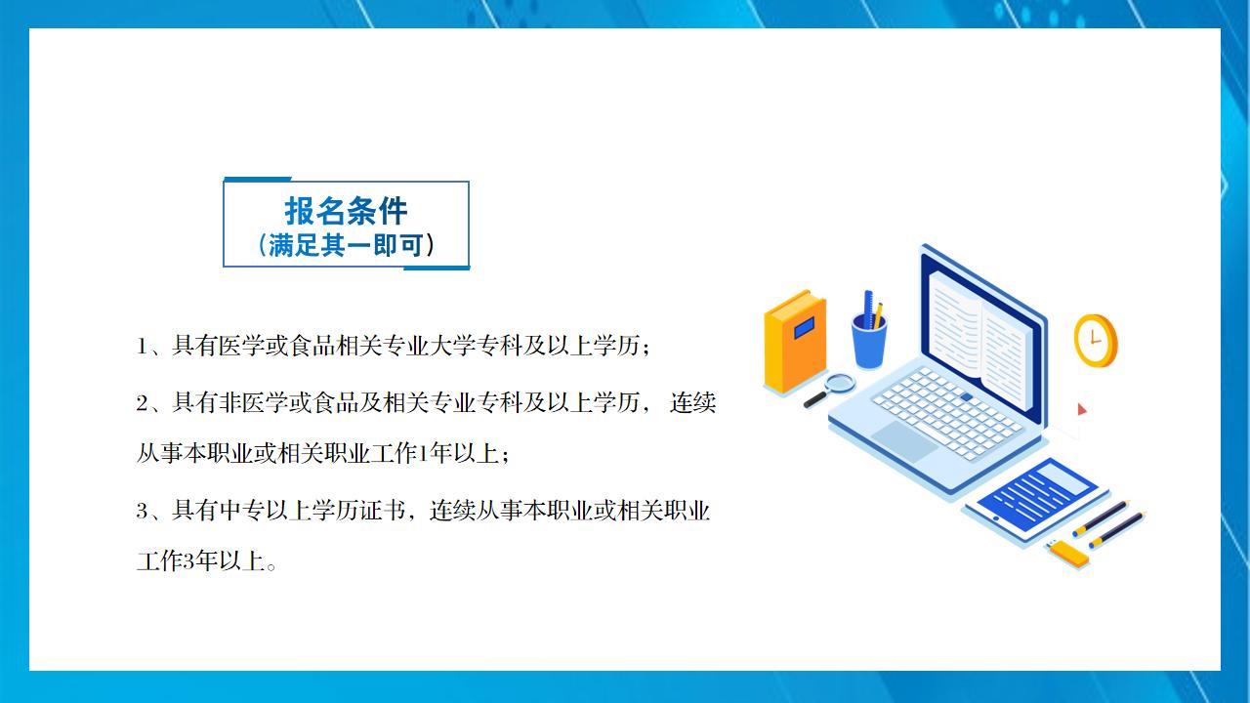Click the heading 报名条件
(x=346, y=211)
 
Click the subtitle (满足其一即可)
(x=346, y=245)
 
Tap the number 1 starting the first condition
(x=142, y=347)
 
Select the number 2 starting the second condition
(x=143, y=403)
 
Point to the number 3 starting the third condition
(x=143, y=511)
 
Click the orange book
(x=795, y=342)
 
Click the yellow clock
(x=1096, y=341)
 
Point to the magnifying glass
(x=830, y=390)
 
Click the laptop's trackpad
(x=904, y=440)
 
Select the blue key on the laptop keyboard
(x=967, y=396)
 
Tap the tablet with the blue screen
(x=1037, y=498)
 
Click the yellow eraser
(x=1068, y=553)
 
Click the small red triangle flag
(x=1082, y=409)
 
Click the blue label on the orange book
(x=804, y=327)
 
